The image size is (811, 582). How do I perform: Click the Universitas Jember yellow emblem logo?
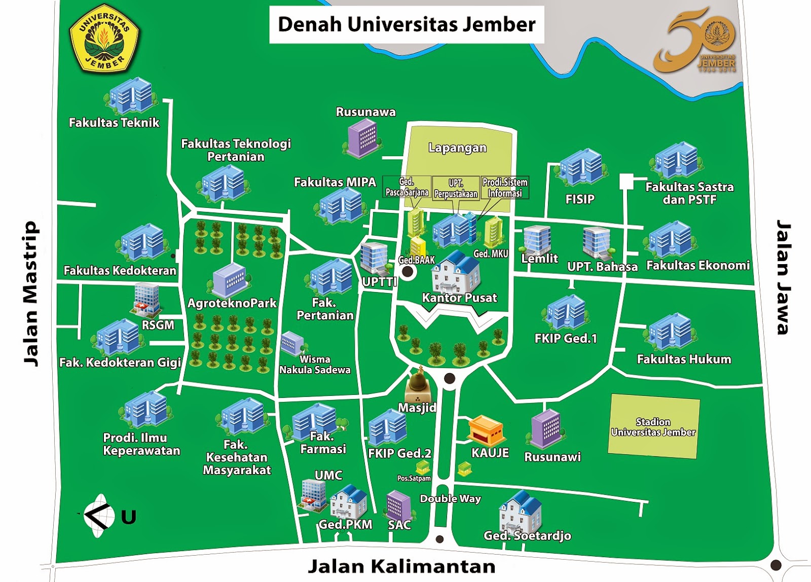click(105, 41)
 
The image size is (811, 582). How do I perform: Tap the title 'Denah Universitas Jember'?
click(407, 24)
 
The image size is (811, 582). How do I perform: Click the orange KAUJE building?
click(486, 431)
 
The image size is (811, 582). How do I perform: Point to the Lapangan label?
click(457, 148)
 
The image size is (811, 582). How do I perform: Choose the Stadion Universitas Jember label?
click(653, 427)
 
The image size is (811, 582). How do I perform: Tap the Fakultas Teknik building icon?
click(131, 96)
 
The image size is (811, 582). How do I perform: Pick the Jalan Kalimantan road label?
click(401, 566)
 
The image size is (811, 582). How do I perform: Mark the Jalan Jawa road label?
click(784, 277)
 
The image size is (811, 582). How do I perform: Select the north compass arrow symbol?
click(98, 516)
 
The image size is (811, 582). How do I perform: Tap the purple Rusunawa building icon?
click(362, 138)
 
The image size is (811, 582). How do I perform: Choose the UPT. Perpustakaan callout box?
click(456, 188)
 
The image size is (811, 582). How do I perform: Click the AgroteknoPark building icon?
click(230, 280)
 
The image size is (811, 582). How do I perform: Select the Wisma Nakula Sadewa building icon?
click(292, 343)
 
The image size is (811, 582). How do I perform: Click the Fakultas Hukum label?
click(684, 359)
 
